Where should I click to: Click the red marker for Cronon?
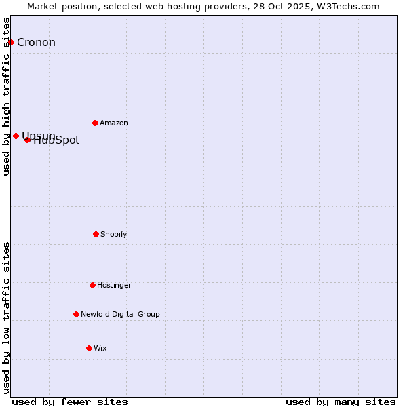pyautogui.click(x=11, y=42)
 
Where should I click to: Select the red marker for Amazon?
pyautogui.click(x=95, y=123)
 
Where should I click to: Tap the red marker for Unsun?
pyautogui.click(x=16, y=136)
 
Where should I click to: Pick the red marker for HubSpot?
pyautogui.click(x=27, y=140)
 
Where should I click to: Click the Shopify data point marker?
pyautogui.click(x=96, y=234)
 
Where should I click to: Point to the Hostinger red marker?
pyautogui.click(x=92, y=285)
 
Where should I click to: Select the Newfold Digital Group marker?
pyautogui.click(x=76, y=314)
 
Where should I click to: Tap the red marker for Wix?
pyautogui.click(x=89, y=348)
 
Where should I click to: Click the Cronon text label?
pyautogui.click(x=36, y=43)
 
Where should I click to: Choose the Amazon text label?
pyautogui.click(x=114, y=123)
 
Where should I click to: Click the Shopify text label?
pyautogui.click(x=114, y=235)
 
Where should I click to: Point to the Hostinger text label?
pyautogui.click(x=114, y=286)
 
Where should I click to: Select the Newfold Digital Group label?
pyautogui.click(x=120, y=315)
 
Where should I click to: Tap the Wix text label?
pyautogui.click(x=100, y=349)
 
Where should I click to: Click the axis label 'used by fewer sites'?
pyautogui.click(x=70, y=402)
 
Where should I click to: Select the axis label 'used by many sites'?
pyautogui.click(x=341, y=402)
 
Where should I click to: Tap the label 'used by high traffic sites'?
pyautogui.click(x=7, y=96)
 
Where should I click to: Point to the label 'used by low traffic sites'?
pyautogui.click(x=7, y=317)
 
